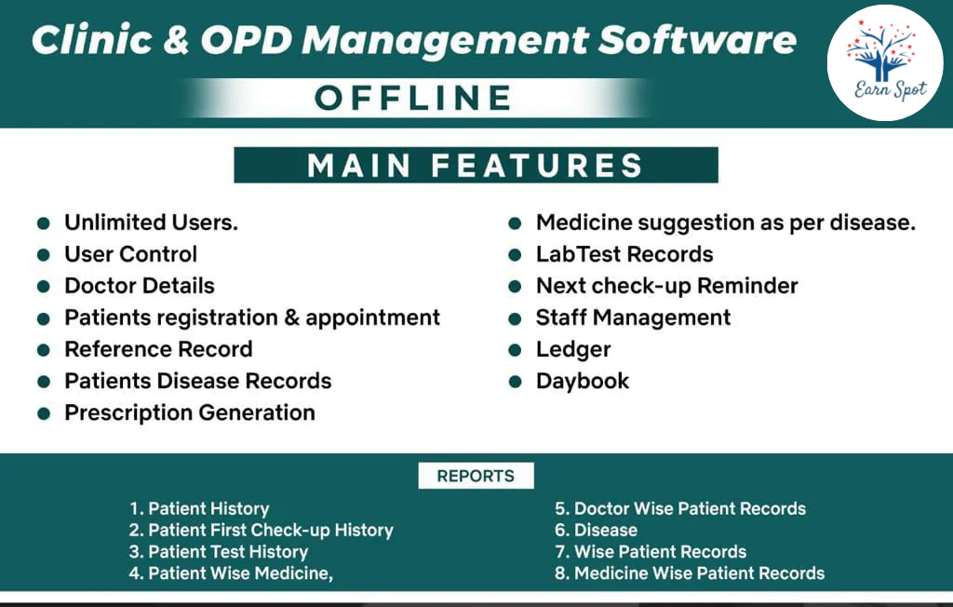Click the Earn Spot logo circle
(884, 62)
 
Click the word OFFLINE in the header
(413, 98)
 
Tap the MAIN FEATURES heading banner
(476, 166)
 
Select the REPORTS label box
(476, 476)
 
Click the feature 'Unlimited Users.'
(151, 223)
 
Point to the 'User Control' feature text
(130, 254)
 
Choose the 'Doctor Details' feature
(139, 286)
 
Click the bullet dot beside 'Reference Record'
(43, 350)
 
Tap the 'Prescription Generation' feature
(189, 412)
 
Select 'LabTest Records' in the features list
(624, 254)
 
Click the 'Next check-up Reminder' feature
(666, 286)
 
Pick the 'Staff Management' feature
(633, 317)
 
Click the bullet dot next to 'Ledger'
(515, 351)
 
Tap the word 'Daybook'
(582, 381)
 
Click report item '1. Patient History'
(199, 508)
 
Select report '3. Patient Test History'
(218, 551)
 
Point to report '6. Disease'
(596, 530)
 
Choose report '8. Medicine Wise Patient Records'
(690, 573)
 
